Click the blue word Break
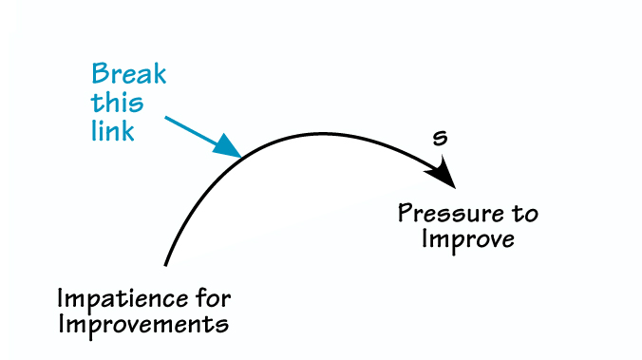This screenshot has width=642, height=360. pos(130,75)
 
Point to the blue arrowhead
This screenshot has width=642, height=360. pos(228,146)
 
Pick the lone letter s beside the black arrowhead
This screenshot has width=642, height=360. pos(440,139)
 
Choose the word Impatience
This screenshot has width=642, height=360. pos(118,299)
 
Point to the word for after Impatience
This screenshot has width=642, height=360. pos(209,298)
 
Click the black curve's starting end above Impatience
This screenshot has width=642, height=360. pos(166,262)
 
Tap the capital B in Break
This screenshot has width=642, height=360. pos(98,75)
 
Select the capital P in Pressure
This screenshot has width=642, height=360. pos(405,212)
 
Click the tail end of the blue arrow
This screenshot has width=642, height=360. pos(166,118)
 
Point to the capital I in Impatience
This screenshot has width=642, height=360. pos(62,298)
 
